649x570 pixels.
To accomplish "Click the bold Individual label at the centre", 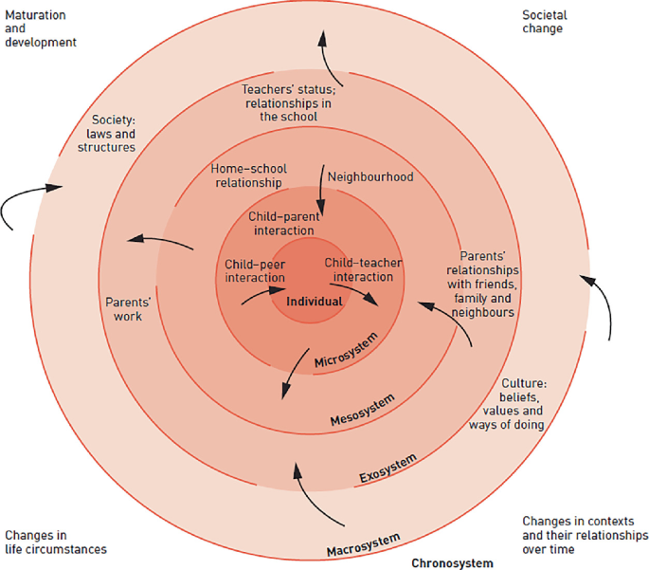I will [315, 301].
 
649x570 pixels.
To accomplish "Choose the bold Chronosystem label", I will [452, 562].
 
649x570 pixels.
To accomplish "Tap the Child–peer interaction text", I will [255, 270].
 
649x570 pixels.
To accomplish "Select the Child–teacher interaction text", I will [358, 269].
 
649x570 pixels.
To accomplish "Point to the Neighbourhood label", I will [370, 176].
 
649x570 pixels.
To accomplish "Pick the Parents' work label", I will [123, 309].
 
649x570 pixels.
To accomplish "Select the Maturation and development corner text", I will [40, 28].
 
